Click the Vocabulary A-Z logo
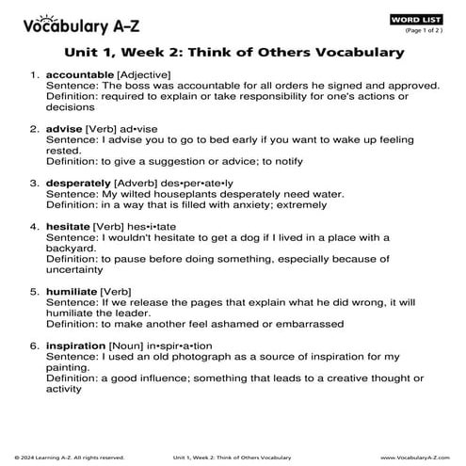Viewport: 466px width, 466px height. [69, 20]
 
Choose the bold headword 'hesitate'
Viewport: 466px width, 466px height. [68, 227]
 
